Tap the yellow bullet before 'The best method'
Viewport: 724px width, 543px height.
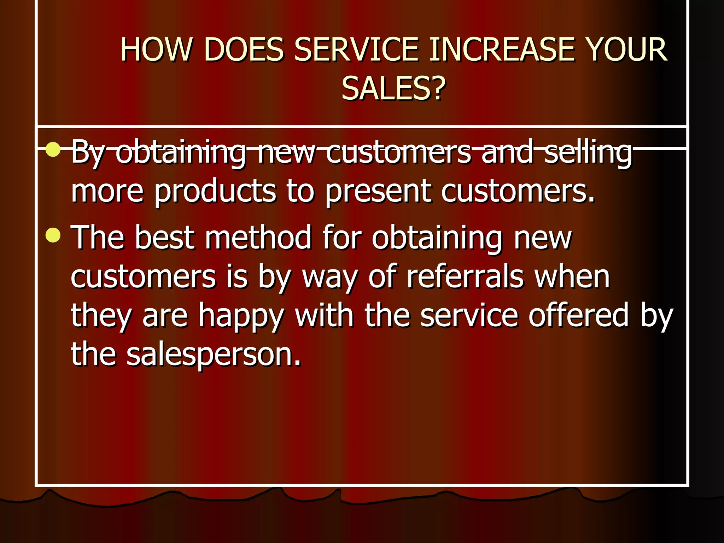53,235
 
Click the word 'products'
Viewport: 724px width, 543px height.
215,192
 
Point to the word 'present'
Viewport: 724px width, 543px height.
378,192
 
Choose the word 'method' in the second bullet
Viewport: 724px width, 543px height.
258,238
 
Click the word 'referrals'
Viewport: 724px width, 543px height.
465,276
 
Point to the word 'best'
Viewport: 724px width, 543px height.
164,238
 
